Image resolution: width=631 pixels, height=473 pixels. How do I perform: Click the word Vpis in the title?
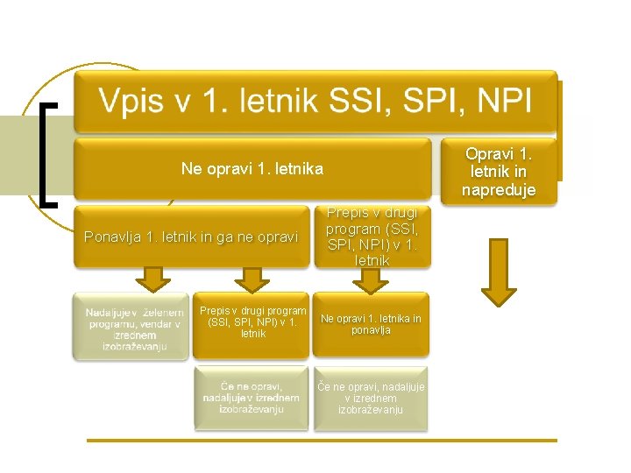pyautogui.click(x=132, y=102)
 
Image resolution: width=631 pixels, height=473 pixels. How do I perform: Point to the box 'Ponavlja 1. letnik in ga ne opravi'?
pyautogui.click(x=191, y=236)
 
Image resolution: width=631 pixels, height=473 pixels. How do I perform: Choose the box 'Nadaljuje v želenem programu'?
pyautogui.click(x=131, y=326)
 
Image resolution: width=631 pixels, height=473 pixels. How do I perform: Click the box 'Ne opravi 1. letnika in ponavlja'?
pyautogui.click(x=371, y=325)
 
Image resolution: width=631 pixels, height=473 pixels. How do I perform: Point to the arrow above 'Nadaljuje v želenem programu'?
pyautogui.click(x=154, y=279)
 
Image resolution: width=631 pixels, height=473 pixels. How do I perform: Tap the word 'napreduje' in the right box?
pyautogui.click(x=498, y=190)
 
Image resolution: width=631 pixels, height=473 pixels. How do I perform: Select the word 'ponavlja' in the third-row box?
pyautogui.click(x=371, y=331)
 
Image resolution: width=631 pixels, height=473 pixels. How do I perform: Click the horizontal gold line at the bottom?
pyautogui.click(x=321, y=440)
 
